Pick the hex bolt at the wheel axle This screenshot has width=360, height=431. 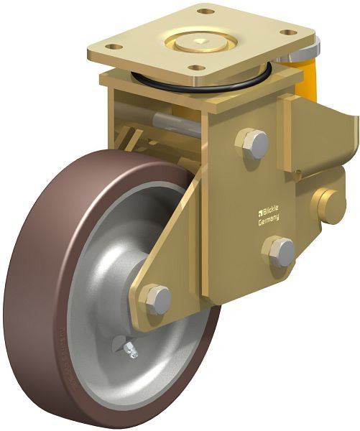tap(154, 298)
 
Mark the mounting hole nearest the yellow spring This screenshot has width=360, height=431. tap(289, 32)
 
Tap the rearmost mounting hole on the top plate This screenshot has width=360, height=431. tap(206, 12)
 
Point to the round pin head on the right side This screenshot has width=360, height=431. tap(331, 206)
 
